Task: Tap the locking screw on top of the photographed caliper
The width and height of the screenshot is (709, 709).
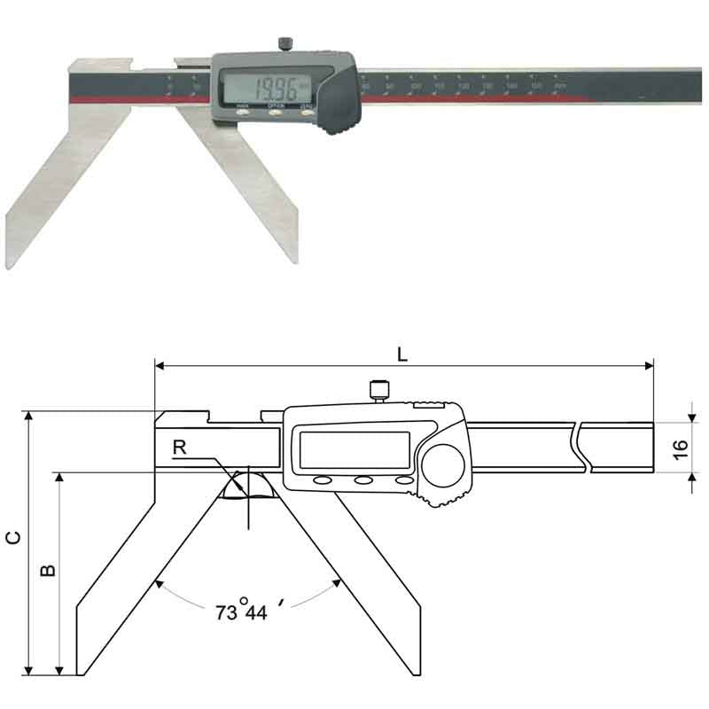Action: (286, 43)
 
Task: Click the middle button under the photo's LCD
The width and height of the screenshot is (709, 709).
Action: (276, 113)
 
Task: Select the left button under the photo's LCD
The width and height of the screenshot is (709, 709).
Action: (243, 113)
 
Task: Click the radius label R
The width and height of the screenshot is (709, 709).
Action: (180, 448)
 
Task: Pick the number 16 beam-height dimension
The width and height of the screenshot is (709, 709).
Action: (680, 447)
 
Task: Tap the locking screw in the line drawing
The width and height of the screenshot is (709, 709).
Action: (379, 389)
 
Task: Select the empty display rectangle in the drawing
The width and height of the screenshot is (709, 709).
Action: (354, 450)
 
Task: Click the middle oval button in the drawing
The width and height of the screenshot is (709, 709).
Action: (363, 480)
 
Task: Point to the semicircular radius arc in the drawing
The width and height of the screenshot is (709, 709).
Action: (248, 484)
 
